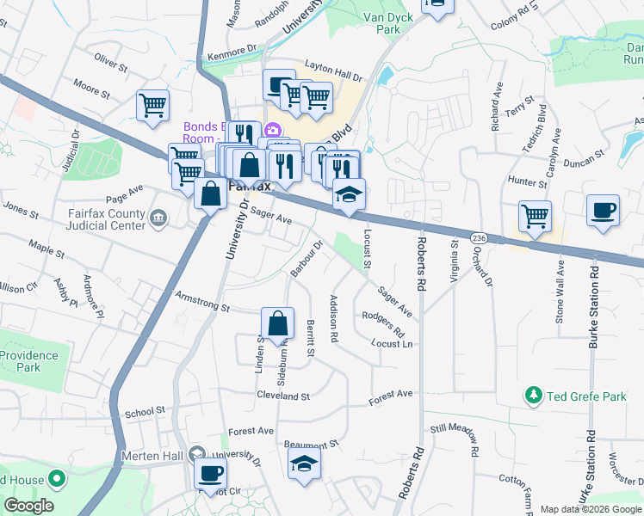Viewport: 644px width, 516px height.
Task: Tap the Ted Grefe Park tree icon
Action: (x=534, y=396)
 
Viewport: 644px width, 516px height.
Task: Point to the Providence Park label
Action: (x=28, y=361)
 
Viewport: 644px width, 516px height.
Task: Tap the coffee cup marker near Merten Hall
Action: (x=211, y=472)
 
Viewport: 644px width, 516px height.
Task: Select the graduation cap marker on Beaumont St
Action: (x=304, y=463)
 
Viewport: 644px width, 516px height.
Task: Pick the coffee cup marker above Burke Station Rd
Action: (x=603, y=210)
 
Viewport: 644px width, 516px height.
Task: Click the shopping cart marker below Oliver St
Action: (x=152, y=106)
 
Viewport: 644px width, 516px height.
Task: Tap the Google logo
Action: (x=28, y=506)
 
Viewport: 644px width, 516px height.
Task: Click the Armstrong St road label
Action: (x=202, y=307)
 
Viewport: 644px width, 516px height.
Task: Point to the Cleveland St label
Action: (x=282, y=396)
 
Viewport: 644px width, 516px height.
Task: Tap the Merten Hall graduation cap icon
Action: (x=197, y=452)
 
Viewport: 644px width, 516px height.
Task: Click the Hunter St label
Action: (x=528, y=182)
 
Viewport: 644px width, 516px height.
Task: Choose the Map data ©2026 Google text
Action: (x=590, y=509)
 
